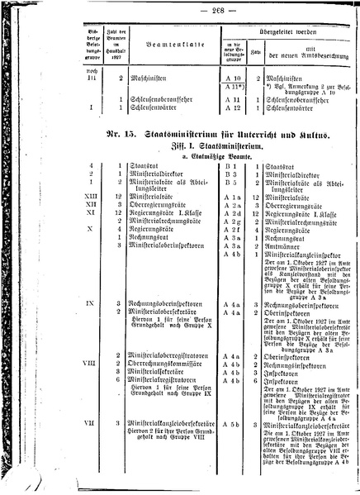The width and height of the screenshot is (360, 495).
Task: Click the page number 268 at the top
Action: click(178, 9)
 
